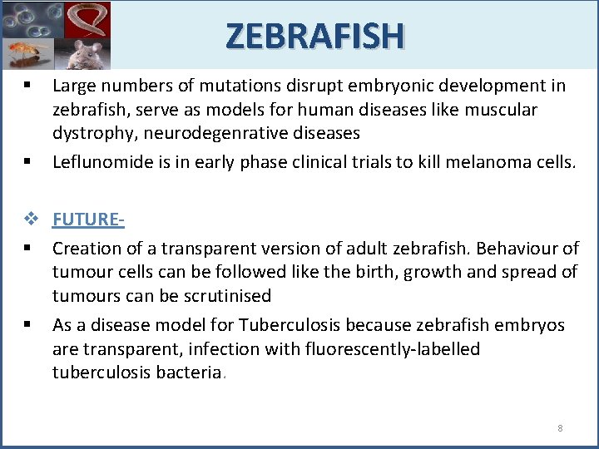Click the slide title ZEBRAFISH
tap(314, 35)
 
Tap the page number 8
tap(560, 428)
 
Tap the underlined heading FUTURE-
tap(88, 220)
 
